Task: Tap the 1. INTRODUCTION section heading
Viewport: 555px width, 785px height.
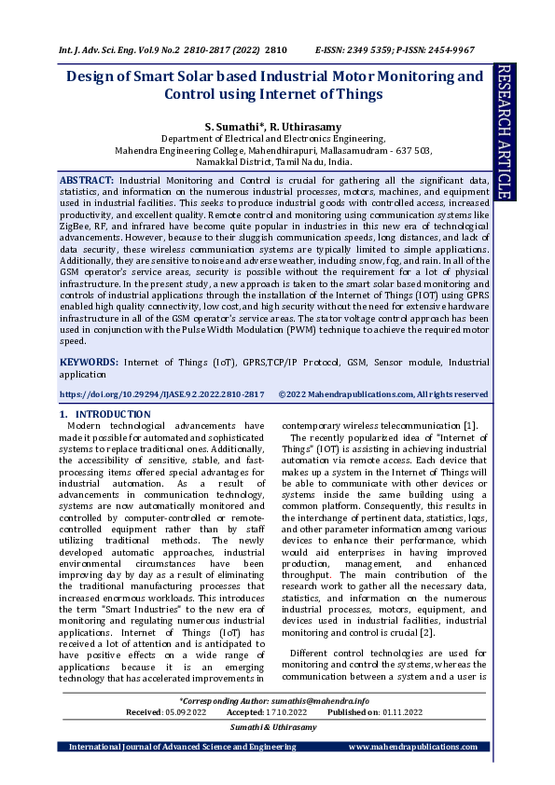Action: coord(104,414)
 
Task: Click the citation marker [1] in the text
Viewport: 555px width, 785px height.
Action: coord(470,426)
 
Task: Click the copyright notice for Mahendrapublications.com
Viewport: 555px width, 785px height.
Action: coord(382,394)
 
